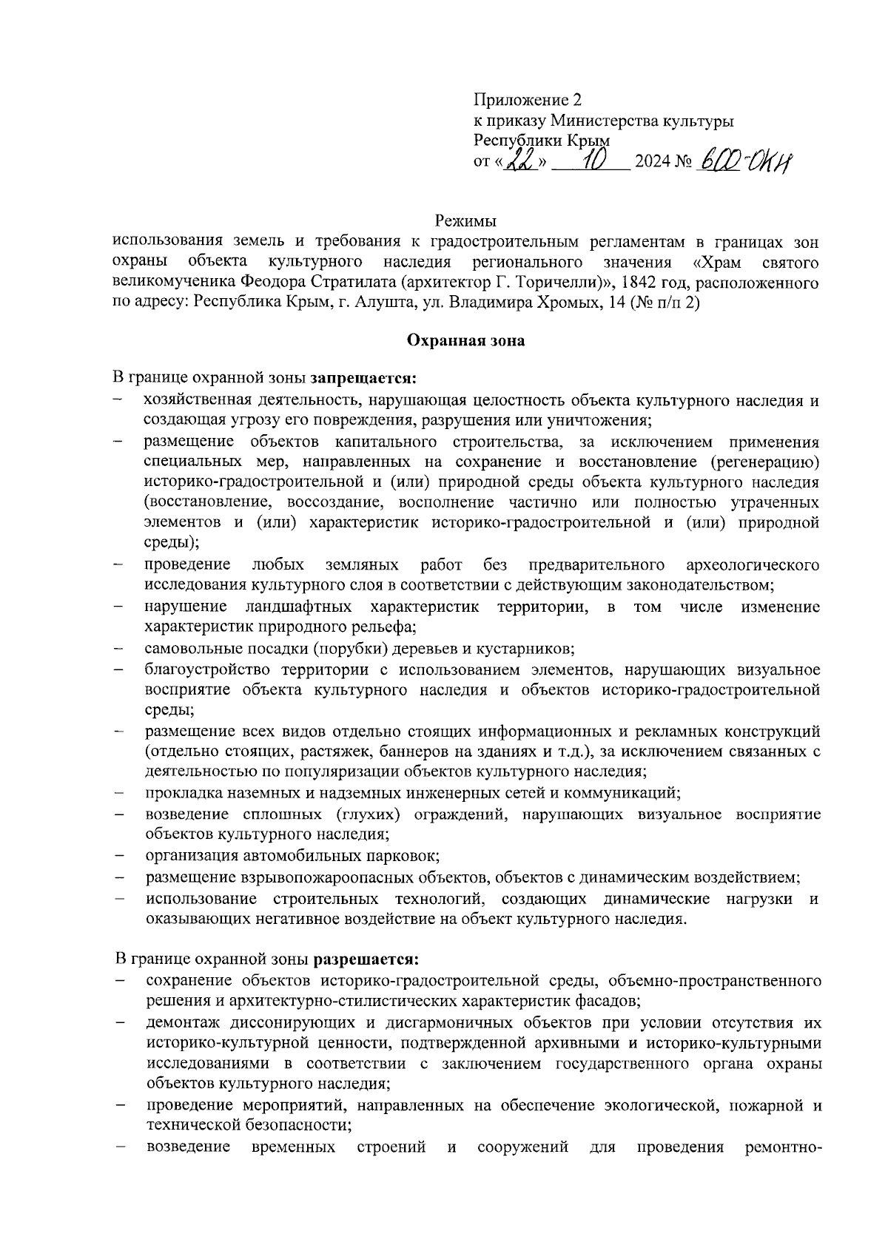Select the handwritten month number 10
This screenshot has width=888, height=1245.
click(593, 158)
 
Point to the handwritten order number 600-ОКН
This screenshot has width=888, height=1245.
click(744, 158)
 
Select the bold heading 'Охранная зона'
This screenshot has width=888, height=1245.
click(465, 341)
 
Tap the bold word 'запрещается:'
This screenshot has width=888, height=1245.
click(363, 379)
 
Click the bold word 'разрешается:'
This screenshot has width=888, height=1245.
click(367, 960)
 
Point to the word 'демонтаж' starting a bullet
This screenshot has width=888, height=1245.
click(178, 1023)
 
